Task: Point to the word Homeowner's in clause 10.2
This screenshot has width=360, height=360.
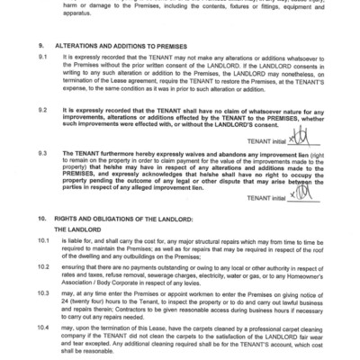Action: (300, 275)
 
